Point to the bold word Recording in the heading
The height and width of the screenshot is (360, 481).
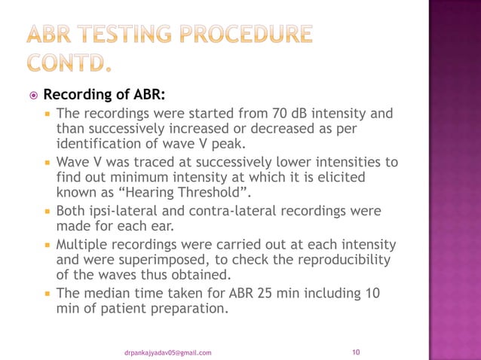pyautogui.click(x=77, y=96)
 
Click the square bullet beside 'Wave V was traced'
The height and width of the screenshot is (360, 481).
pyautogui.click(x=47, y=163)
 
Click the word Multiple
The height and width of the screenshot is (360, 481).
pyautogui.click(x=81, y=246)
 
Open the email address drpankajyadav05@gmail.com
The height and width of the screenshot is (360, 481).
pyautogui.click(x=168, y=352)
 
